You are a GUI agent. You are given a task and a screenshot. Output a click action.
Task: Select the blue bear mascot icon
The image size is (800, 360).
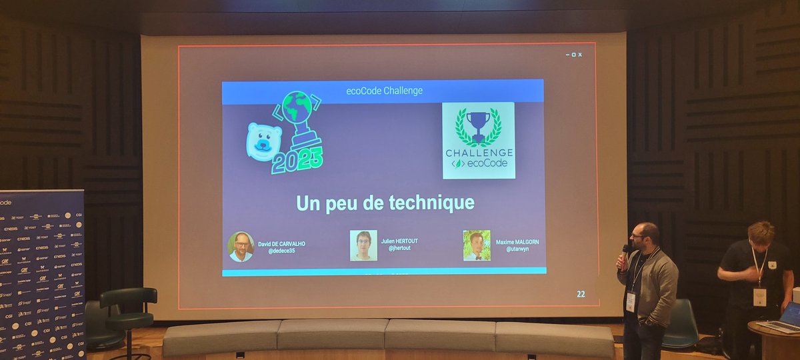[x=264, y=141]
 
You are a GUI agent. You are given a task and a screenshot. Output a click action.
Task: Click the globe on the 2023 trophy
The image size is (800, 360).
[x=297, y=107]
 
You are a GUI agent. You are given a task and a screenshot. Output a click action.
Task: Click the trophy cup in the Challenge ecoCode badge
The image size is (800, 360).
[x=478, y=123]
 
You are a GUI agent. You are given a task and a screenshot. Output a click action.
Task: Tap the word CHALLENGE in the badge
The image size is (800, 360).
[x=479, y=152]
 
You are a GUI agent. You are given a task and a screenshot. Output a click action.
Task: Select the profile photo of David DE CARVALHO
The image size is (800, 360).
[x=241, y=246]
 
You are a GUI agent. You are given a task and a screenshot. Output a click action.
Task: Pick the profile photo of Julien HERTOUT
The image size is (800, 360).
[x=363, y=245]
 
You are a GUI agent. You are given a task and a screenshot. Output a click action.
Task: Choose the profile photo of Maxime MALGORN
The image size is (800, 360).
[x=477, y=245]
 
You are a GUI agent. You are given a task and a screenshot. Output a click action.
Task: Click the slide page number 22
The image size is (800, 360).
[x=581, y=294]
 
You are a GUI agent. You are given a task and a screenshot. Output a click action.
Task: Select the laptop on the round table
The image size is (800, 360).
[x=785, y=317]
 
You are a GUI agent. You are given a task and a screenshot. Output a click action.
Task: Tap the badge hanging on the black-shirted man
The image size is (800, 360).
[x=759, y=296]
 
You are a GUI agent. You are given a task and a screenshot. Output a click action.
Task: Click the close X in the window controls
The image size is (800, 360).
[x=580, y=55]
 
